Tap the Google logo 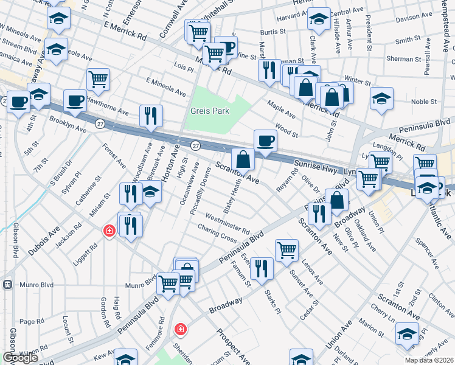(20, 358)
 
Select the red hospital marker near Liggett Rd (109, 231)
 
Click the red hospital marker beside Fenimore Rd (180, 330)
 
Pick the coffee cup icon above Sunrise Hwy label (265, 141)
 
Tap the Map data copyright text (429, 360)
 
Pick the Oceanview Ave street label (189, 184)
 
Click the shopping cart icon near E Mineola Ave (99, 79)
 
